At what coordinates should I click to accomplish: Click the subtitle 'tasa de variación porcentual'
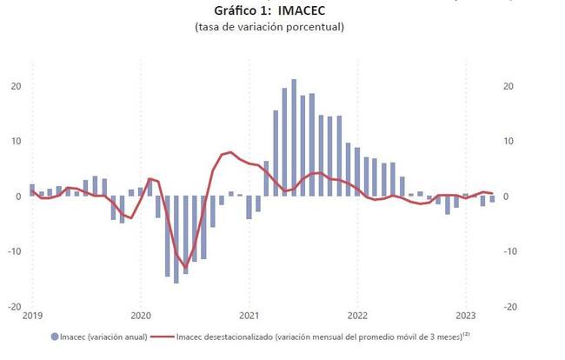(x=269, y=27)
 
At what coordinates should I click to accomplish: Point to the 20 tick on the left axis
(x=15, y=86)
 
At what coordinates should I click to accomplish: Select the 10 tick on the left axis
(x=15, y=141)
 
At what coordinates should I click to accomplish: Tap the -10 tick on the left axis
(x=14, y=251)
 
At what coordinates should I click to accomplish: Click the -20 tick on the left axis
(x=14, y=307)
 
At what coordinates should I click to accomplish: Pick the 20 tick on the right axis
(x=509, y=86)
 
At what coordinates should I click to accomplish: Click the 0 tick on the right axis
(x=507, y=197)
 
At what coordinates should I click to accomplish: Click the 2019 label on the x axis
(x=32, y=315)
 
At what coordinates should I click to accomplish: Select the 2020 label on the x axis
(x=141, y=315)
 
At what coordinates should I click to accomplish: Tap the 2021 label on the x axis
(x=249, y=315)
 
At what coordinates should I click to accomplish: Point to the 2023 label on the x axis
(x=466, y=315)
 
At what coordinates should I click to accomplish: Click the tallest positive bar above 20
(x=294, y=137)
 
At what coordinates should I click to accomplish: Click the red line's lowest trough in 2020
(x=185, y=266)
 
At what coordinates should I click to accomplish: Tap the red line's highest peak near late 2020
(x=230, y=152)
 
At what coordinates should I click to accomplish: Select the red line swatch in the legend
(x=163, y=335)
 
